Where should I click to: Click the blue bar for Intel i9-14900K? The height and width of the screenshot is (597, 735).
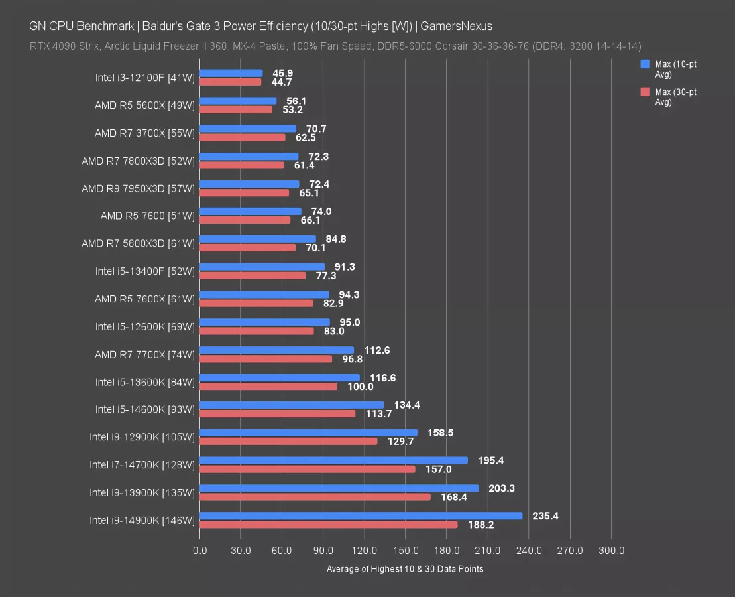(x=361, y=515)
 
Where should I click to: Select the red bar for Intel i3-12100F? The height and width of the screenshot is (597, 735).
(x=230, y=82)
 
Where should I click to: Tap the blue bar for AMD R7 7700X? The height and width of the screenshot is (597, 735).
(x=276, y=350)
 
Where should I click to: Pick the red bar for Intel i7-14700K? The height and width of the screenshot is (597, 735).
(x=307, y=469)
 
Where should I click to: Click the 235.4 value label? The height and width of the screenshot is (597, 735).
(x=545, y=515)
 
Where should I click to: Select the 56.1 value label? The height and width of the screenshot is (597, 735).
(x=295, y=101)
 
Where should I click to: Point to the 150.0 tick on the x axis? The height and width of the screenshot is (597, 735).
(x=406, y=551)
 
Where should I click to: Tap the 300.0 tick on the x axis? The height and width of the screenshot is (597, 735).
(x=611, y=551)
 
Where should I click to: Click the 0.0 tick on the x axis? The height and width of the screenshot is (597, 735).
(x=199, y=551)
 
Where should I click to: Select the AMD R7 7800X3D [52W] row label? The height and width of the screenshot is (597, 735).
(x=138, y=161)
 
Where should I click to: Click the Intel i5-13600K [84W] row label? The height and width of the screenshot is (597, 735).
(x=144, y=382)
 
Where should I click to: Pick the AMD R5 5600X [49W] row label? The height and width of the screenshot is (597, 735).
(x=144, y=105)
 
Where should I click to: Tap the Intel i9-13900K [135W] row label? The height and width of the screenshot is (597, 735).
(x=142, y=493)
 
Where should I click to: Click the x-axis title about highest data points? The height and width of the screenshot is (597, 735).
(x=405, y=569)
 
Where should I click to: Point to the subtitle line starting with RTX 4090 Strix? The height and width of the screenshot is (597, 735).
(x=335, y=46)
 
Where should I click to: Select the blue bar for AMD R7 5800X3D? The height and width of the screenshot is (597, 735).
(x=258, y=239)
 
